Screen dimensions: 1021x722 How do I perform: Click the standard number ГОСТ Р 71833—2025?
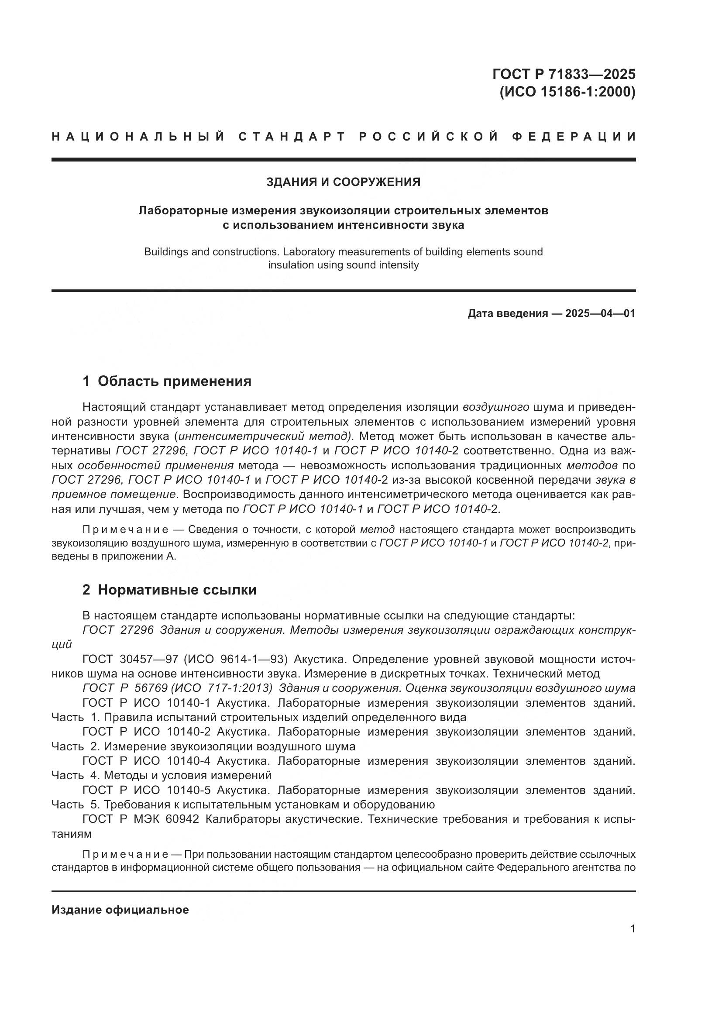564,74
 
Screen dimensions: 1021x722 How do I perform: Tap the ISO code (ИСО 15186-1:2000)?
567,92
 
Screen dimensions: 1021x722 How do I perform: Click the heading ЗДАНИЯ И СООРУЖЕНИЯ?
343,182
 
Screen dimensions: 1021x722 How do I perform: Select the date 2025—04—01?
600,313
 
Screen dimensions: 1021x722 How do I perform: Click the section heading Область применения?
174,381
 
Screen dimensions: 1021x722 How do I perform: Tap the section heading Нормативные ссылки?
177,590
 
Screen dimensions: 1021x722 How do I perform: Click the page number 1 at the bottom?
633,929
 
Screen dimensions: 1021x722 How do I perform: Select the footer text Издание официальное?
120,910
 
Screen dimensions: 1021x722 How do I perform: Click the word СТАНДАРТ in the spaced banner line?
292,137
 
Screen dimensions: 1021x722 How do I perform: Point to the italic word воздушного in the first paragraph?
496,407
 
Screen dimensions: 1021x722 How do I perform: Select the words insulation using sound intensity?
343,265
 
